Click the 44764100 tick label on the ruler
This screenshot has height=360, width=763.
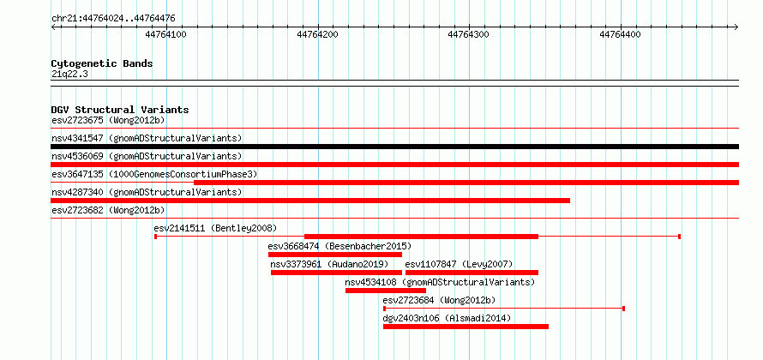pyautogui.click(x=166, y=34)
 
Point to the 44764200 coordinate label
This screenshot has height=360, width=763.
pyautogui.click(x=317, y=34)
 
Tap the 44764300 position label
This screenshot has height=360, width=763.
pyautogui.click(x=469, y=34)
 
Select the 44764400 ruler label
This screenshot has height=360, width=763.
pyautogui.click(x=621, y=34)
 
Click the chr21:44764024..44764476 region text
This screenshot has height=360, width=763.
pyautogui.click(x=113, y=19)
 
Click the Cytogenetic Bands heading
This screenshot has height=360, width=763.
pyautogui.click(x=102, y=63)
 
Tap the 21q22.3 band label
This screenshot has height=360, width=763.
pyautogui.click(x=69, y=75)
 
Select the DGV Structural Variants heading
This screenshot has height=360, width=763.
pyautogui.click(x=120, y=110)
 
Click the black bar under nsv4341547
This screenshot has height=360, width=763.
pyautogui.click(x=394, y=147)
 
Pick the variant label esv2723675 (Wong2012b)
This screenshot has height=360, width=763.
pyautogui.click(x=108, y=120)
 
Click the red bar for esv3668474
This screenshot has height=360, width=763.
pyautogui.click(x=335, y=255)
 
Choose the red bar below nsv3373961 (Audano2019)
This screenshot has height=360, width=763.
pyautogui.click(x=336, y=273)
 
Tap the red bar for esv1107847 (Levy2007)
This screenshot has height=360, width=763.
pyautogui.click(x=472, y=273)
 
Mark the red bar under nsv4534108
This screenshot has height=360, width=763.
pyautogui.click(x=386, y=291)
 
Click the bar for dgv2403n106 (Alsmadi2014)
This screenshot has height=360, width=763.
pyautogui.click(x=466, y=327)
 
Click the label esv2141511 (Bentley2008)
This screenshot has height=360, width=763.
pyautogui.click(x=215, y=228)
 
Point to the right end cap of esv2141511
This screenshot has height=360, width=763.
pyautogui.click(x=679, y=237)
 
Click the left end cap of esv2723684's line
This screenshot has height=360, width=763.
pyautogui.click(x=384, y=309)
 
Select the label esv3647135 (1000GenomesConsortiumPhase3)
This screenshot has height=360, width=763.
pyautogui.click(x=154, y=174)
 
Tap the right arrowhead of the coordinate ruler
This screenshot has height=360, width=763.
pyautogui.click(x=736, y=27)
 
